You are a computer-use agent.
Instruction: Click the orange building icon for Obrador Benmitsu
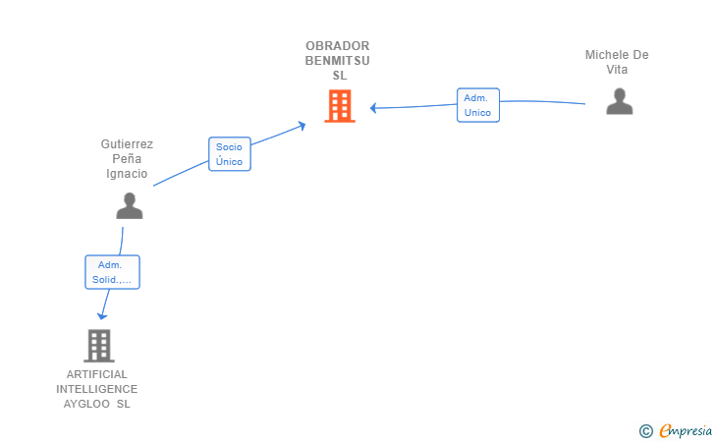tap(340, 106)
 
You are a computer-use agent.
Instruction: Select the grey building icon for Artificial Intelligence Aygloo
tap(98, 346)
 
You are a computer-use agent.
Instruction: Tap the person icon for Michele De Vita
tap(619, 101)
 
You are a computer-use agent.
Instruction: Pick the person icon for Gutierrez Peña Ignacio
tap(129, 205)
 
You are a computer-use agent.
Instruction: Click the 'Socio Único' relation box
tap(229, 154)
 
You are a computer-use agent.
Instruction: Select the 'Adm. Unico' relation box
tap(477, 105)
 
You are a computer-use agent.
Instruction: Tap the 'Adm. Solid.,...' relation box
tap(112, 272)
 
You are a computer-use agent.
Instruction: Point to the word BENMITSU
tap(338, 61)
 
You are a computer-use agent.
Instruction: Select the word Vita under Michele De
tap(617, 70)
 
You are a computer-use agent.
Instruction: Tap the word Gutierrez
tap(127, 143)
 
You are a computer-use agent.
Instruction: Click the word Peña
tap(127, 159)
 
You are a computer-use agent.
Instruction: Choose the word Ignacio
tap(127, 174)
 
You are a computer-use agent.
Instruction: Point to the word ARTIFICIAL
tap(96, 374)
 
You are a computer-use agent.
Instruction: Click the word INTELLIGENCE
tap(96, 389)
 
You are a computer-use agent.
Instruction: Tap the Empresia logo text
tap(686, 430)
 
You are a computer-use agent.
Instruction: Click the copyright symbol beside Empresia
tap(645, 430)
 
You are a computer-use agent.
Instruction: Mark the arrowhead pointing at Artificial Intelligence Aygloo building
tap(101, 315)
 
